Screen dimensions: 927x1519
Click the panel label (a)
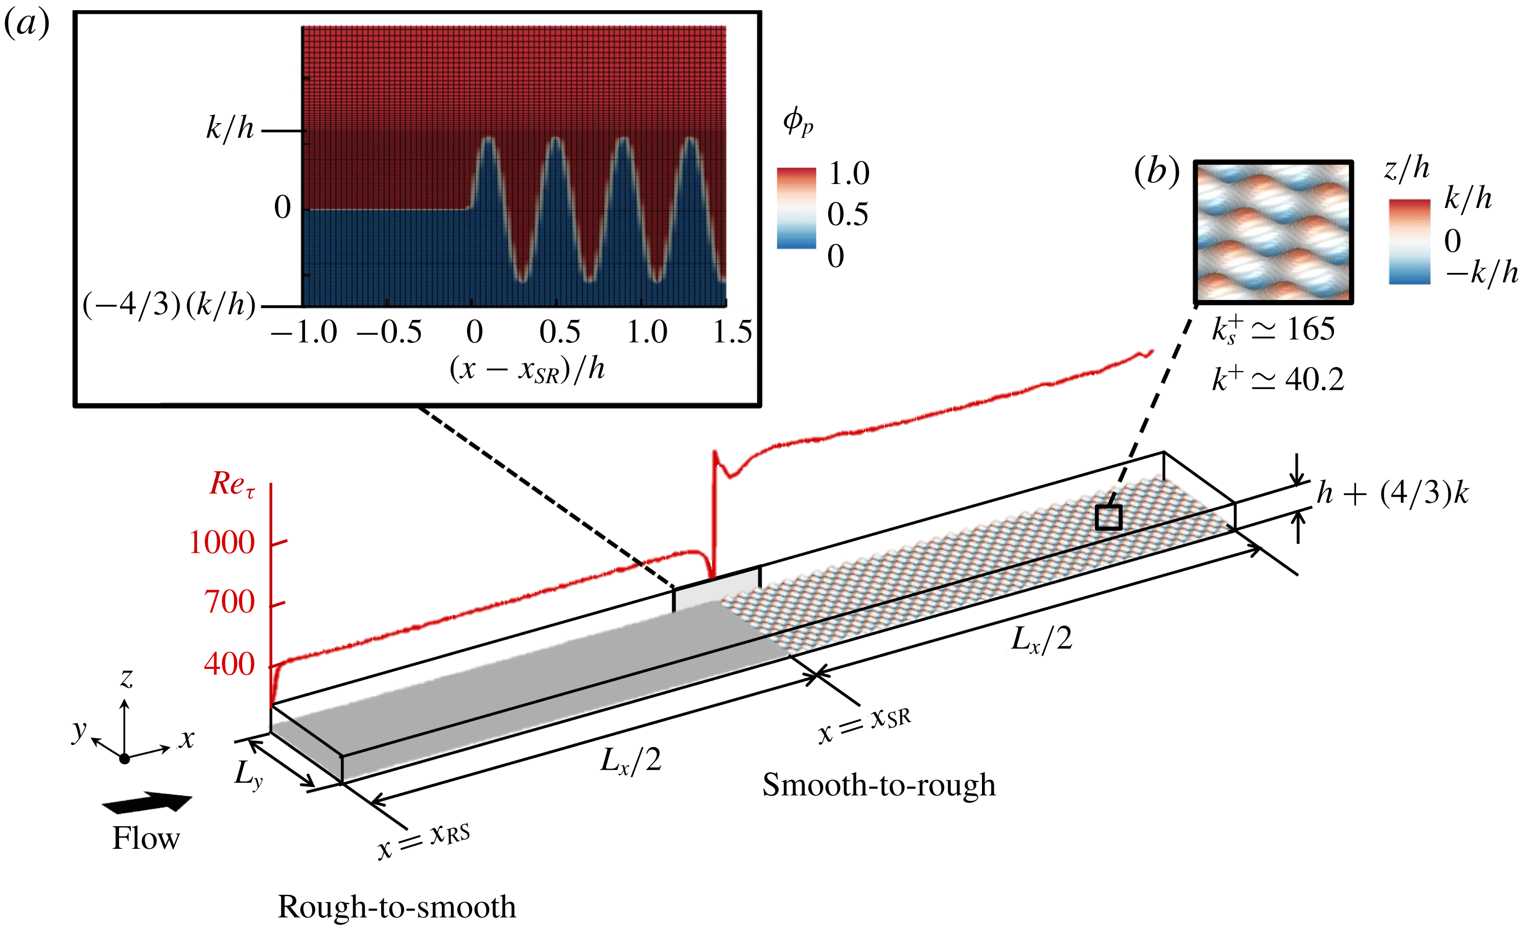coord(27,25)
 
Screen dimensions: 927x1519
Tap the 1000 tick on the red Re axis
coord(222,543)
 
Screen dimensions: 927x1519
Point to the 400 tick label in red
coord(229,665)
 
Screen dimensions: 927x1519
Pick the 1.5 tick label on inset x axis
coord(732,333)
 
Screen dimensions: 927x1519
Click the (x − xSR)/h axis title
coord(527,370)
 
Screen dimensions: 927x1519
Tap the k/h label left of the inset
coord(230,129)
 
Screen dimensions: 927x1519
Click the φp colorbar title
coord(798,122)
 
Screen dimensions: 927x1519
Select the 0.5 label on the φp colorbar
coord(848,215)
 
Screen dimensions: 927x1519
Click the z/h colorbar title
coord(1406,168)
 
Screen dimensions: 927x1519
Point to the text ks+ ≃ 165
coord(1272,329)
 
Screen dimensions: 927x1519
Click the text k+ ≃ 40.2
coord(1277,379)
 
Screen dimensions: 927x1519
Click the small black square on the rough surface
coord(1108,518)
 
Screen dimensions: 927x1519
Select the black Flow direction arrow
coord(147,802)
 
